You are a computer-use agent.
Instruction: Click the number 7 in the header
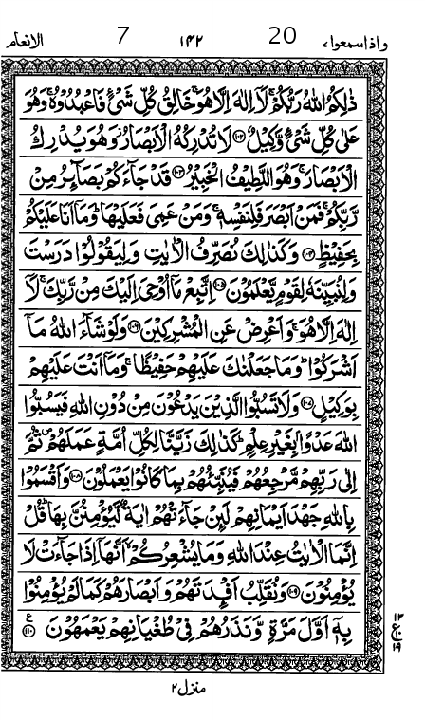[x=121, y=37]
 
